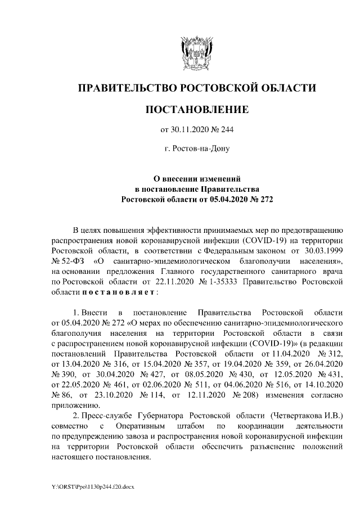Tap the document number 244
coord(226,130)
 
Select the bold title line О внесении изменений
coord(197,178)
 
